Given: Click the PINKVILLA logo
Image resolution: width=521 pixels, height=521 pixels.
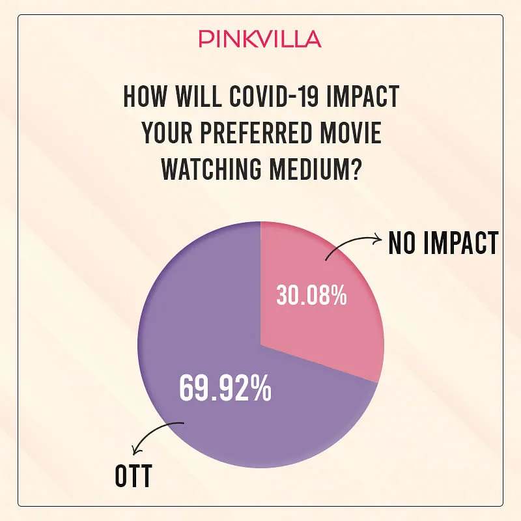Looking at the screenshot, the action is (260, 39).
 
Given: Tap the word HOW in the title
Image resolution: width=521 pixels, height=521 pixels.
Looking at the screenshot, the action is (144, 96).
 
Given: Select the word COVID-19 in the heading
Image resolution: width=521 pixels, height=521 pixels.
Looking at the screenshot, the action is (274, 96).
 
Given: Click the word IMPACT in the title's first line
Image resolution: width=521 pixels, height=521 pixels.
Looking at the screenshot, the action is (363, 96).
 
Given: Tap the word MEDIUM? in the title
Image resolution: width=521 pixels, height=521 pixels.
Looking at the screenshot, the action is (315, 169).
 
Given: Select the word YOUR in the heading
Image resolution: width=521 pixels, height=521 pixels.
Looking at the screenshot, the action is (167, 133).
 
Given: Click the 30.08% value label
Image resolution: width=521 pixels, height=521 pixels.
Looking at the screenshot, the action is (311, 295).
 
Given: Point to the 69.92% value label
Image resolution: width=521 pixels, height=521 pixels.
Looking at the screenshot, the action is (225, 387).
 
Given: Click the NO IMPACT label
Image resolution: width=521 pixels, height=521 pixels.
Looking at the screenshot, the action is (444, 243).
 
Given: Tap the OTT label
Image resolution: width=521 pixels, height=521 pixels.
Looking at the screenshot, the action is (134, 476).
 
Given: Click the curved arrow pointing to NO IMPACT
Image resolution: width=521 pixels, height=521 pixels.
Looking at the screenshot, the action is (350, 240).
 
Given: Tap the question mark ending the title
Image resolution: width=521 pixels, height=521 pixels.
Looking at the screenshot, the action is (355, 169).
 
